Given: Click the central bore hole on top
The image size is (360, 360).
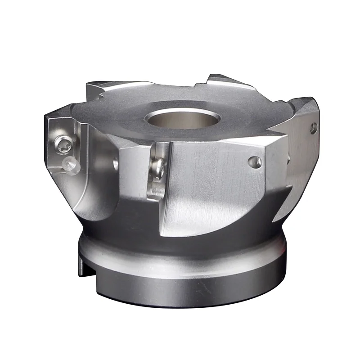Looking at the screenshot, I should point(182,118).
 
